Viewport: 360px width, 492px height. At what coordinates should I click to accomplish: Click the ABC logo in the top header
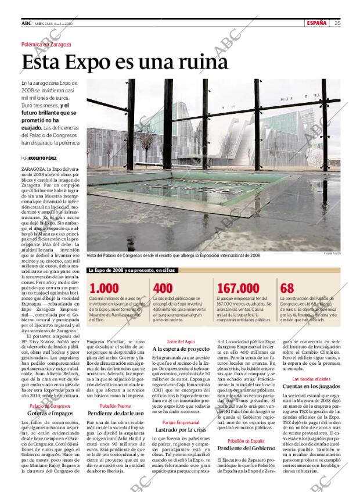point(26,23)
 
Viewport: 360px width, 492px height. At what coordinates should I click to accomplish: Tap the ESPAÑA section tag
point(316,23)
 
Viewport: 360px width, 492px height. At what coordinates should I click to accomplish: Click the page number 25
point(337,23)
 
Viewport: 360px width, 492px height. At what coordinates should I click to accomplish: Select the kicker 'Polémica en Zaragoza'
point(46,44)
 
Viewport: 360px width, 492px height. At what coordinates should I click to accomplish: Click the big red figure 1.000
point(105,288)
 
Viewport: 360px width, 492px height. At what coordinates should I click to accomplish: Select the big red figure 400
point(163,288)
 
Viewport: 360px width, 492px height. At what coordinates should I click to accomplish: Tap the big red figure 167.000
point(237,288)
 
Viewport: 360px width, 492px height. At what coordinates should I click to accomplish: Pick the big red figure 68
point(287,288)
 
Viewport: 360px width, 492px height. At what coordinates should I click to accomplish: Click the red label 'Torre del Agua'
point(179,342)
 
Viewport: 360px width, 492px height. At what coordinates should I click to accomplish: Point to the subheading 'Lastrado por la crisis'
point(181,429)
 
